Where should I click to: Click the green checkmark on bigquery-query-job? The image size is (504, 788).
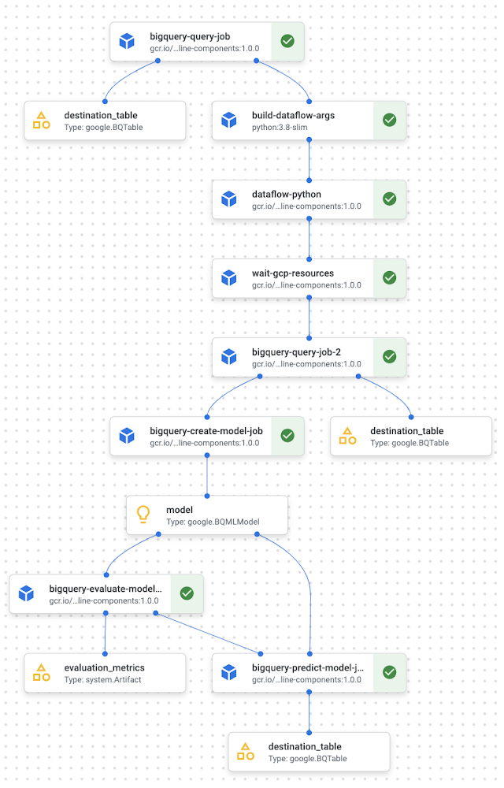[x=287, y=41]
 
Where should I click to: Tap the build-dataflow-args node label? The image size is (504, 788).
[x=293, y=115]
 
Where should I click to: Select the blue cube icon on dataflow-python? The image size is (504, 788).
[x=229, y=199]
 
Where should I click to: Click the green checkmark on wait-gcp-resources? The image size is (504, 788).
[x=389, y=278]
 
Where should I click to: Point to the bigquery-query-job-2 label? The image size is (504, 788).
[x=296, y=351]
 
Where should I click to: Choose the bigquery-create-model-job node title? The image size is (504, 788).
[x=206, y=431]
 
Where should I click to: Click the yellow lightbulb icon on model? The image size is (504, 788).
[x=143, y=515]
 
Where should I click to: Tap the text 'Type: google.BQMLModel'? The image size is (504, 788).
[x=213, y=522]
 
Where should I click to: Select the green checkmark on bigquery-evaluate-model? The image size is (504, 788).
[x=187, y=593]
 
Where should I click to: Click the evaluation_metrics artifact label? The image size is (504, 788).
[x=104, y=667]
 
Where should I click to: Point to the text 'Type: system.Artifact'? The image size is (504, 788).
[x=102, y=679]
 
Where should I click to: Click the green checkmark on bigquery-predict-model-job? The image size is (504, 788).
[x=389, y=672]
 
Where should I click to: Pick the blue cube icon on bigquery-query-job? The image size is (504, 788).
[x=127, y=41]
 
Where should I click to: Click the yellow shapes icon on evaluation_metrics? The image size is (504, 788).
[x=42, y=672]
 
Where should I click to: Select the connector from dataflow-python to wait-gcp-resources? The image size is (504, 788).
[x=309, y=239]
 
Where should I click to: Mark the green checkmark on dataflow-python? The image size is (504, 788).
[x=389, y=199]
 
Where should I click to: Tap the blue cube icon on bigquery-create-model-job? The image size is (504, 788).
[x=127, y=436]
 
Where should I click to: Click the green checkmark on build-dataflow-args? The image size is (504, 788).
[x=389, y=120]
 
